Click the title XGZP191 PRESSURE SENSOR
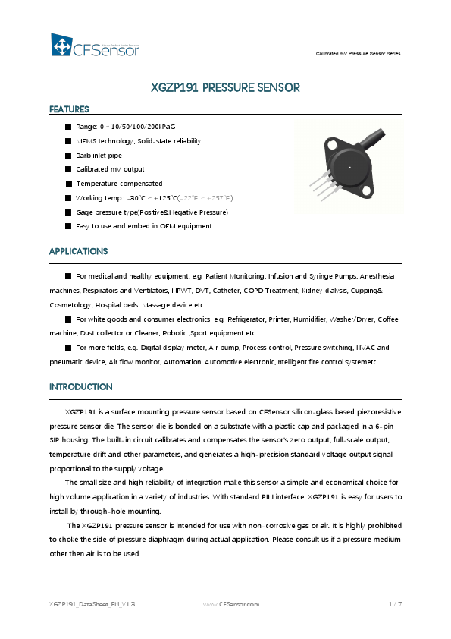click(226, 88)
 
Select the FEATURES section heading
click(69, 109)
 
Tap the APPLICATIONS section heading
click(78, 251)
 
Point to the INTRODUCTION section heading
click(80, 386)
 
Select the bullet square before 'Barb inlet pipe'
click(68, 155)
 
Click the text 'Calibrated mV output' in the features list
click(110, 169)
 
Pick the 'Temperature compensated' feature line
click(119, 184)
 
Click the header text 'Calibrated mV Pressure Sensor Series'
click(358, 54)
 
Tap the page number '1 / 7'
click(395, 604)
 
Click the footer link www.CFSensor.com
click(231, 604)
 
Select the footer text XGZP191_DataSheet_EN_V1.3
click(92, 604)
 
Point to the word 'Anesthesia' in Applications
click(376, 276)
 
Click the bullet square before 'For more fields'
click(68, 348)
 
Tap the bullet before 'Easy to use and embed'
click(68, 226)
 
